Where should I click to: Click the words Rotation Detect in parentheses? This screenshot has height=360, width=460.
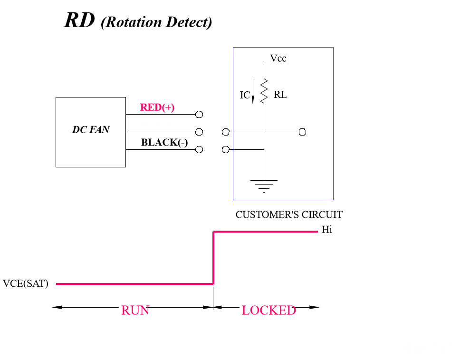[156, 22]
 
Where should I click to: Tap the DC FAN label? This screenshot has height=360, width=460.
[90, 129]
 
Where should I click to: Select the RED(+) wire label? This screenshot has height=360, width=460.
[157, 107]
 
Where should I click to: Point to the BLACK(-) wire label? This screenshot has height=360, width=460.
[164, 143]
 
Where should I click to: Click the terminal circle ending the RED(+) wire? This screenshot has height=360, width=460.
[199, 115]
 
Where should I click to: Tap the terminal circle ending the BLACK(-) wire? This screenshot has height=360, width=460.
[199, 149]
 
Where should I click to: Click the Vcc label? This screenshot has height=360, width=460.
[278, 58]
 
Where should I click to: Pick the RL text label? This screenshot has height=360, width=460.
[280, 95]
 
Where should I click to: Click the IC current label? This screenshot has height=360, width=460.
[245, 96]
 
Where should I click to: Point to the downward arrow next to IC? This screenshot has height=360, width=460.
[253, 91]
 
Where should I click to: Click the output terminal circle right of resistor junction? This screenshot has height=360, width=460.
[302, 132]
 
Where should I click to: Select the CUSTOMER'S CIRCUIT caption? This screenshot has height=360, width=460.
[289, 214]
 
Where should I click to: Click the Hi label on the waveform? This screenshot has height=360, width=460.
[327, 230]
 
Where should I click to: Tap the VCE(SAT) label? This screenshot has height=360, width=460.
[26, 284]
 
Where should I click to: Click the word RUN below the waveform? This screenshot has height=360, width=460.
[135, 310]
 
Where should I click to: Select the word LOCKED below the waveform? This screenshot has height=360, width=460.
[268, 310]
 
